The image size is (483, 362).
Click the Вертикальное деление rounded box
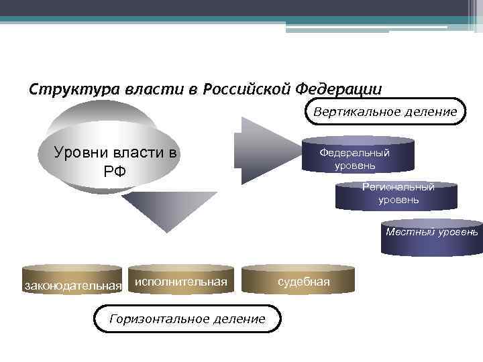(385, 111)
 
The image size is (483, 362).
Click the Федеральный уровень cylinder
(358, 156)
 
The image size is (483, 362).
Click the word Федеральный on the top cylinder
(354, 152)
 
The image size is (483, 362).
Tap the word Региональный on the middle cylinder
(398, 187)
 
